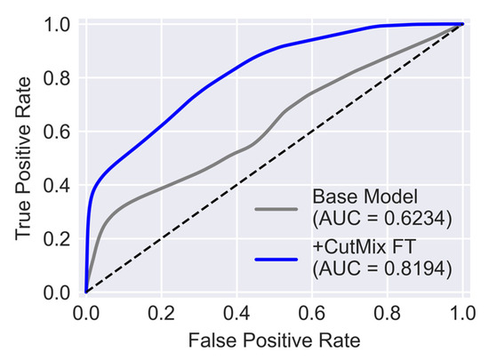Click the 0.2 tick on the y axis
(56, 238)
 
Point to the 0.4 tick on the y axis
(56, 185)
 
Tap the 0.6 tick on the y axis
(56, 132)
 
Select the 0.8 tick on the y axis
(56, 78)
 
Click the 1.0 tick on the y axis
(56, 25)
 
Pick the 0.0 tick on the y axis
(56, 292)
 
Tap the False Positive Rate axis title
(275, 340)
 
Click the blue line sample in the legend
(277, 259)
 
